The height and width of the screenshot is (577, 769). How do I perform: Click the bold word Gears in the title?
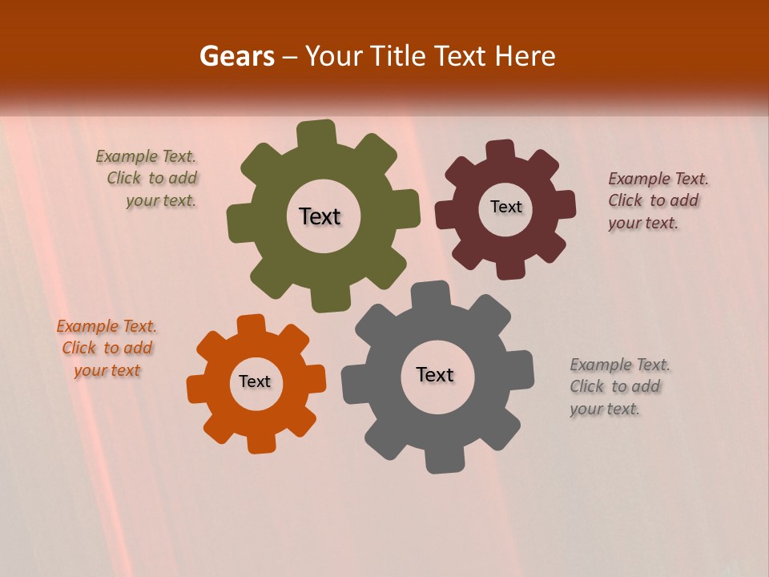pyautogui.click(x=236, y=56)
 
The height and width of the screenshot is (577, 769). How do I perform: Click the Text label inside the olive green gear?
pyautogui.click(x=320, y=216)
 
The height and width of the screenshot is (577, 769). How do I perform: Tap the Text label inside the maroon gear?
pyautogui.click(x=505, y=207)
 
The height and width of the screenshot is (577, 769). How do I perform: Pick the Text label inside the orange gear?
pyautogui.click(x=255, y=381)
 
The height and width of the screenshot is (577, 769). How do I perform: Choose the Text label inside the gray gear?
pyautogui.click(x=435, y=374)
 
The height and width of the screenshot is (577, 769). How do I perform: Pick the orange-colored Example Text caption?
pyautogui.click(x=107, y=348)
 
